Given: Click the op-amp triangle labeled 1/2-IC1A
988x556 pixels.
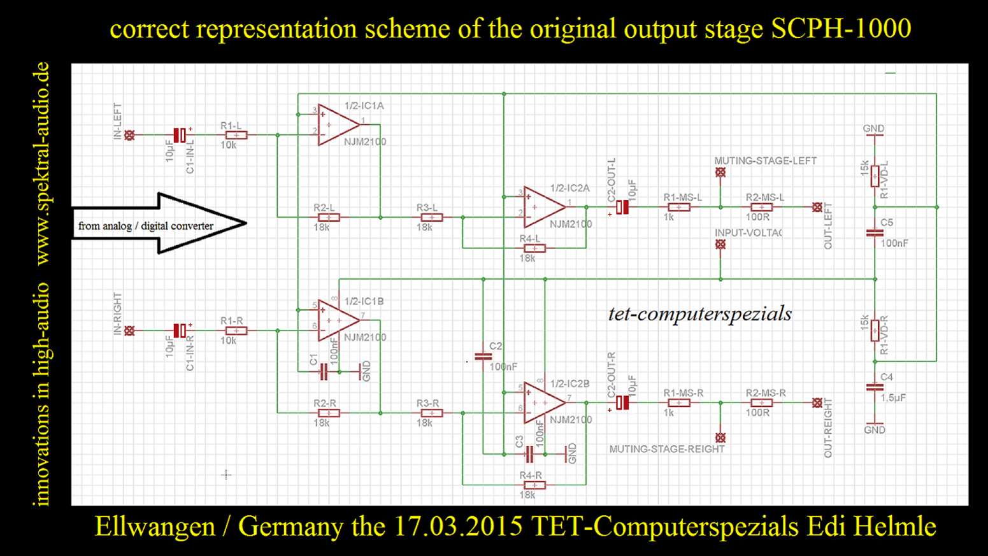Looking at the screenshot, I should coord(338,125).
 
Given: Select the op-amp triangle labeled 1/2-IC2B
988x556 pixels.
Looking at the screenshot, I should coord(543,403).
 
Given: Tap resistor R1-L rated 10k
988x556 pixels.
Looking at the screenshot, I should coord(236,135).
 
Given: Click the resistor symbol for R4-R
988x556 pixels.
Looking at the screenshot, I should coord(534,485).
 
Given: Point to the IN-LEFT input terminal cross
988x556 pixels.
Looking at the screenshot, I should coord(129,135).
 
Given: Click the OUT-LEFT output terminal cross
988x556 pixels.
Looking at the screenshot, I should coord(817,207).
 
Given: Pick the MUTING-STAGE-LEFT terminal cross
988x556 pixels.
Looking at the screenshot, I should coord(720,173).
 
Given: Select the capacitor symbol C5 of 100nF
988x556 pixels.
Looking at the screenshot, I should coord(875,232).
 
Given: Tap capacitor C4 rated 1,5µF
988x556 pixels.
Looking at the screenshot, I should coord(875,387).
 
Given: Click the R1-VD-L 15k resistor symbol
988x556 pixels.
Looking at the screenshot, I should coord(875,175).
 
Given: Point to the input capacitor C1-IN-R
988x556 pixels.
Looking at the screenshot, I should coord(180,331).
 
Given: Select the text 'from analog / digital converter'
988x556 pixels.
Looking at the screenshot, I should coord(145,226).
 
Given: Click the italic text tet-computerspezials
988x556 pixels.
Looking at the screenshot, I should coord(699,313).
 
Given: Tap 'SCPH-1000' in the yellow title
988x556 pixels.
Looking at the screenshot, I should coord(841,29).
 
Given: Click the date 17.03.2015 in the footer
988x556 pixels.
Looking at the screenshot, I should coord(458,527).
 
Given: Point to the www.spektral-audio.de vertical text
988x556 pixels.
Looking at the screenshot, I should coord(42,163).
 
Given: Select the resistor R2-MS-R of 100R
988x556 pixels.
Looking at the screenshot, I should coord(762,403).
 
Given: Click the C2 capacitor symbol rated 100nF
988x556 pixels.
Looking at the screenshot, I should coord(483,357).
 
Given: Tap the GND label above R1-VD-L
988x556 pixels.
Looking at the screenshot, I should coord(873,128).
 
